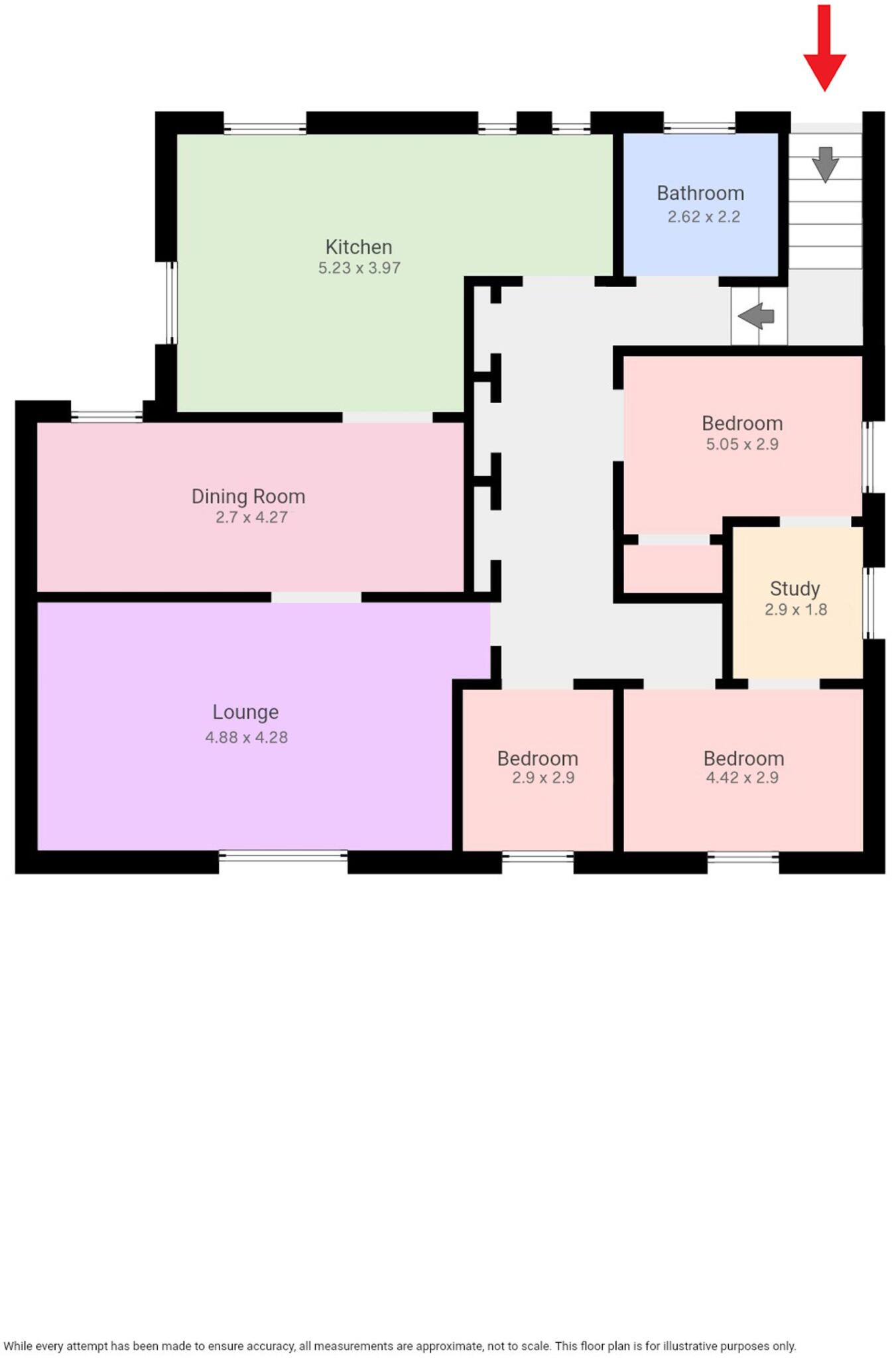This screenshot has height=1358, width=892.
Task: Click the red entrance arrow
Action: [x=824, y=50]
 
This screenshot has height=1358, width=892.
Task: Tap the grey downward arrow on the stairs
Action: [x=825, y=164]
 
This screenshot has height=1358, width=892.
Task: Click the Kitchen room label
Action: [x=359, y=247]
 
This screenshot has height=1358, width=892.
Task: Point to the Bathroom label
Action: [x=700, y=194]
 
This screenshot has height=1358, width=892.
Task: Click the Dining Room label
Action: [x=248, y=497]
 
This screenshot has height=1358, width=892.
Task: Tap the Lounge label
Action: [x=245, y=712]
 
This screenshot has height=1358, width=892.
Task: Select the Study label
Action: [x=795, y=589]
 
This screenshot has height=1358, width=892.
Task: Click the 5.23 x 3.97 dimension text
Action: [x=359, y=269]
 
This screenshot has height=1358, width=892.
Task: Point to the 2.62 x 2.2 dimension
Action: [x=704, y=217]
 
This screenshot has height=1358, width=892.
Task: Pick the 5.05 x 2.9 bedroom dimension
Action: [x=742, y=444]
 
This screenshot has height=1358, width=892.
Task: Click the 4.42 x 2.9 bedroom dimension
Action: [x=742, y=778]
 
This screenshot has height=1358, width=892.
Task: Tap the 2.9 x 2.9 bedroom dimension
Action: [x=543, y=778]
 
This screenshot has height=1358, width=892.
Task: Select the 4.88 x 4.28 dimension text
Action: [x=246, y=737]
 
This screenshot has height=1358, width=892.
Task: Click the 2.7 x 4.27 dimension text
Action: [x=251, y=517]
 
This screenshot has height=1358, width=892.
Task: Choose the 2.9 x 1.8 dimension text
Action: [x=796, y=609]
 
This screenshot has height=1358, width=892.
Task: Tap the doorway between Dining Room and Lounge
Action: [x=316, y=597]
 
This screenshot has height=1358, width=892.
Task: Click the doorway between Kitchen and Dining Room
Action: [x=387, y=417]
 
